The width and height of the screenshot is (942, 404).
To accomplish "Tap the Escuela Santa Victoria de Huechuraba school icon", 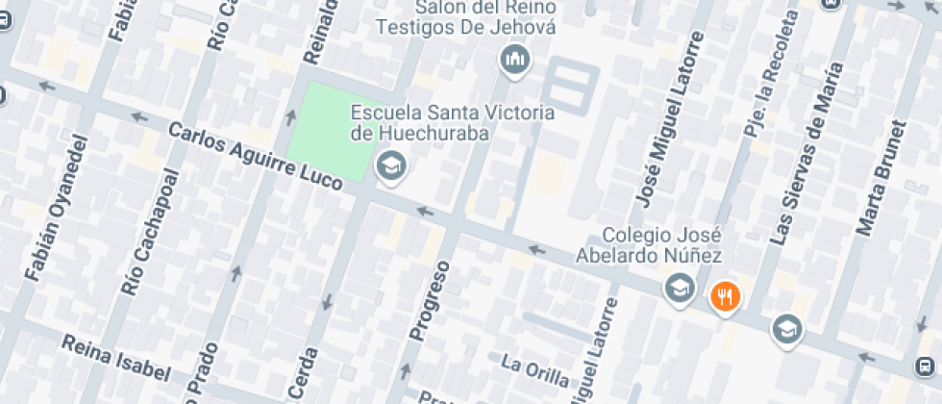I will tap(391, 167).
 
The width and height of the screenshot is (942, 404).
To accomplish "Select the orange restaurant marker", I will tap(725, 297).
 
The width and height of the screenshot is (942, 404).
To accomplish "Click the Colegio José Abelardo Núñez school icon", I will tap(680, 287).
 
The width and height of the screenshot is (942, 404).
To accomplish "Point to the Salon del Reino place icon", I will tap(516, 62).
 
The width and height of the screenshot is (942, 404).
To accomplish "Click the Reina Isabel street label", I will tap(115, 358).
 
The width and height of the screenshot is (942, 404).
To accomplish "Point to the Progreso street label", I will tap(430, 299).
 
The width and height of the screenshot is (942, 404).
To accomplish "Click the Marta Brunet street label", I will tap(882, 178).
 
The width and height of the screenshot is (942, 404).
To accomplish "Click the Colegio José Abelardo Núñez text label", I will tap(661, 245).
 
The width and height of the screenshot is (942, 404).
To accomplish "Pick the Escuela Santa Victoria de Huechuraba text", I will tap(452, 122).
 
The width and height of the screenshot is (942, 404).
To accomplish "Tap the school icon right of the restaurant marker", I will tap(787, 329).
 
